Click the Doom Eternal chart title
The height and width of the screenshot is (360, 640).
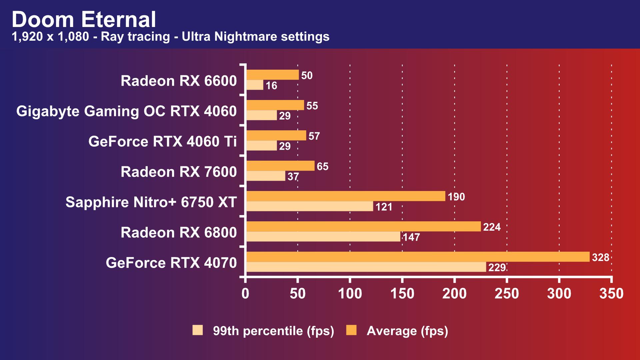click(x=84, y=19)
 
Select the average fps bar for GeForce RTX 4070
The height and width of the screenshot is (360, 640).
click(x=418, y=257)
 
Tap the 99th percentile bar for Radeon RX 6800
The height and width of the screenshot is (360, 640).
click(x=323, y=237)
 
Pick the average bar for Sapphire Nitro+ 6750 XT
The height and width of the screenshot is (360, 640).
click(x=346, y=196)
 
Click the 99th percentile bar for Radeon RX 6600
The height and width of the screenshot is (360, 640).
click(x=255, y=85)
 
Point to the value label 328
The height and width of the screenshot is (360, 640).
click(x=600, y=257)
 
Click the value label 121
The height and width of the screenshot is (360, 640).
click(x=384, y=207)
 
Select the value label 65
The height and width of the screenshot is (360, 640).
click(x=322, y=166)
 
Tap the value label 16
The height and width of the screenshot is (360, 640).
click(x=271, y=85)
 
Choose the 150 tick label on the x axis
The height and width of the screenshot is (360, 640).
click(x=402, y=294)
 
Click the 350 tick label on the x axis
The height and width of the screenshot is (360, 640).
click(x=611, y=294)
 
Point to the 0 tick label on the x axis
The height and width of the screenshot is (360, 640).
click(x=245, y=294)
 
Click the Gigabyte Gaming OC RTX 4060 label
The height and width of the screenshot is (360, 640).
click(x=126, y=111)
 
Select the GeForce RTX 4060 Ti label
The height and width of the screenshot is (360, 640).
click(x=162, y=141)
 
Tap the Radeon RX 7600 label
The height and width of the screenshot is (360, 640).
click(x=179, y=172)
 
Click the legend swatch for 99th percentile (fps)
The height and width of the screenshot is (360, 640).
click(x=198, y=330)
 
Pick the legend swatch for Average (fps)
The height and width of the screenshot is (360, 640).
click(x=351, y=330)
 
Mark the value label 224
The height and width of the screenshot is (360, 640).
click(x=492, y=227)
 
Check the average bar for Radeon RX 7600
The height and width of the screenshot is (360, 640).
click(x=280, y=166)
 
